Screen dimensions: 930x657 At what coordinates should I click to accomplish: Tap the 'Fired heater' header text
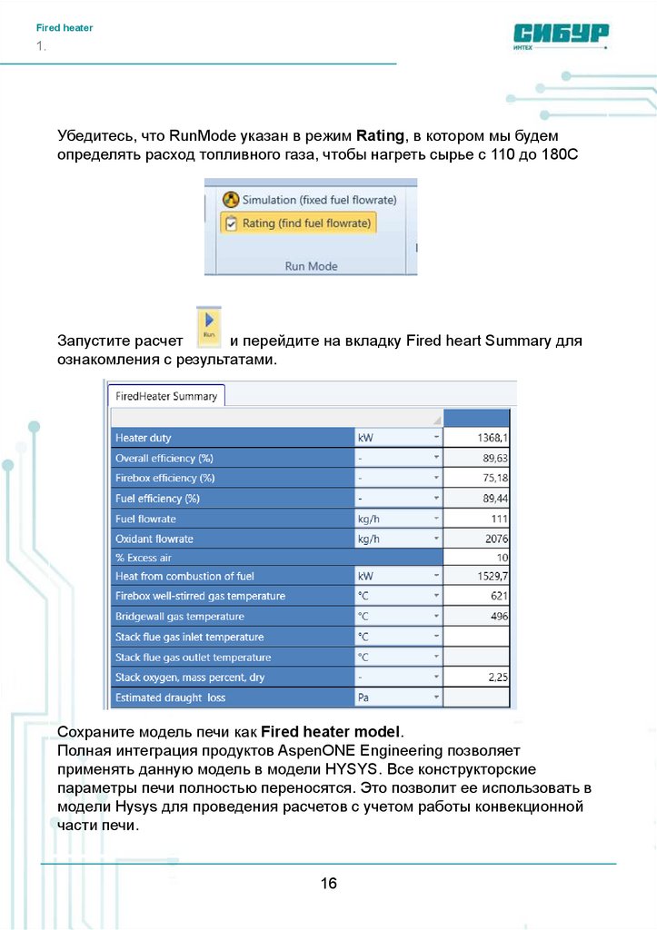tap(65, 28)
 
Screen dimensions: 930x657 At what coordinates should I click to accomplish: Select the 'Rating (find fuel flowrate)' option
tap(299, 223)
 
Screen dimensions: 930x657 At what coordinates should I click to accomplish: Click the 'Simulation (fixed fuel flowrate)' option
tap(309, 199)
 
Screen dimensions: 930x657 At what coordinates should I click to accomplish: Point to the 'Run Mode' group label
tap(311, 266)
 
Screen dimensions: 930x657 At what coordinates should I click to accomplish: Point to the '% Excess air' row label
tap(144, 558)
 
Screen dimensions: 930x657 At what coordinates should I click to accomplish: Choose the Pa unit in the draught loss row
tap(364, 697)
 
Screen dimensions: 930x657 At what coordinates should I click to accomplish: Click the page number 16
tap(328, 883)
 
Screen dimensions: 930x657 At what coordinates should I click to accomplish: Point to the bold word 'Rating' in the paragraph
tap(380, 136)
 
